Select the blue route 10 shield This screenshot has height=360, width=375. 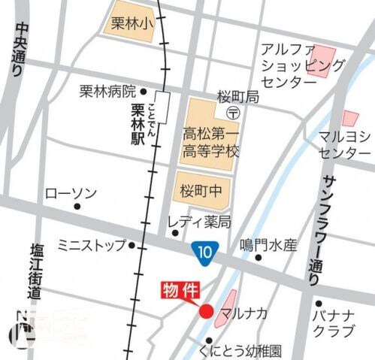point(201,250)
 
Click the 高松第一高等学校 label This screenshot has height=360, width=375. point(211,142)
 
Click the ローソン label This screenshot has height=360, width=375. point(71,193)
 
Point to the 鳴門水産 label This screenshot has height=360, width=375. point(268,245)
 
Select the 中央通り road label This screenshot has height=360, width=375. point(20,51)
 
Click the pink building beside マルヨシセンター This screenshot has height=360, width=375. point(350,118)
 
